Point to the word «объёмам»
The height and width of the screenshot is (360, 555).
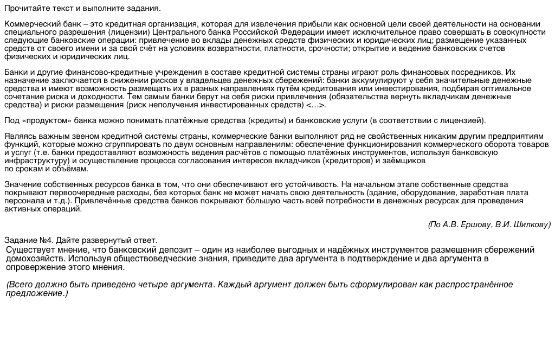point(72,169)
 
